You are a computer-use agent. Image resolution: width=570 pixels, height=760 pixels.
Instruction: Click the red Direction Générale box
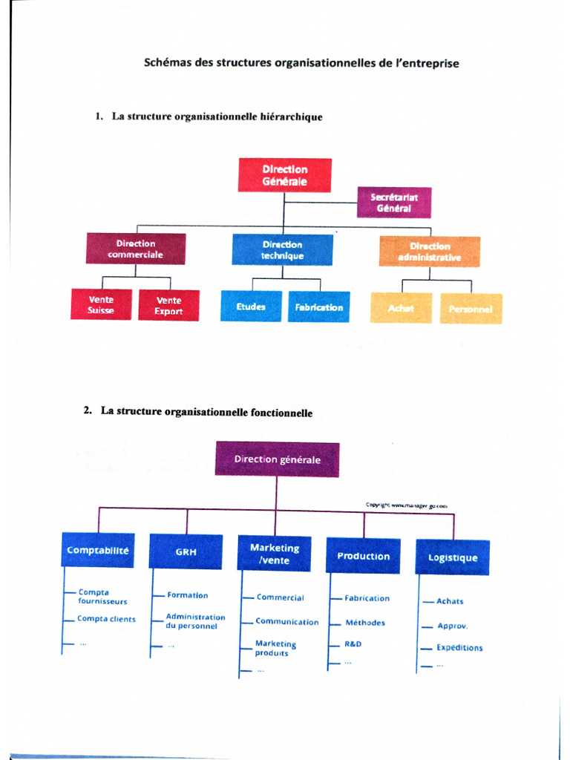[284, 175]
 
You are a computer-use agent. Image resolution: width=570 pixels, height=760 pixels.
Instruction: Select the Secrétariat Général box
[393, 203]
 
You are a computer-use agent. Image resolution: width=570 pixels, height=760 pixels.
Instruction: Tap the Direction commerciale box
[135, 249]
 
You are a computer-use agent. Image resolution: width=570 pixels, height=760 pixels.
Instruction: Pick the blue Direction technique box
[282, 250]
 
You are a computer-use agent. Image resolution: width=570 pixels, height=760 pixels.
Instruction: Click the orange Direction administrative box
[429, 252]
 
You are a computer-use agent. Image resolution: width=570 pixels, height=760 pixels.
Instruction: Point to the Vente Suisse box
[101, 305]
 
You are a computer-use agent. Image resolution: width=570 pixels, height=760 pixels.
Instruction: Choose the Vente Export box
[168, 305]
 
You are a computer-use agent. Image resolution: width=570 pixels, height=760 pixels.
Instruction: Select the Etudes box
[251, 307]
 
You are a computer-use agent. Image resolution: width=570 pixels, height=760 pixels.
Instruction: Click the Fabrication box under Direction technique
[319, 307]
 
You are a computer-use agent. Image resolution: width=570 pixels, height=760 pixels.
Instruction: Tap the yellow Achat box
[402, 308]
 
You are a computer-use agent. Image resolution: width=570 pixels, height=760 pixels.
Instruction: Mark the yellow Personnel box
[471, 309]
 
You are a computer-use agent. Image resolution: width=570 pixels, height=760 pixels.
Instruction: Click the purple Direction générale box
[277, 459]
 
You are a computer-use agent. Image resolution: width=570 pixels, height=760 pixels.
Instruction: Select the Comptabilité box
[98, 551]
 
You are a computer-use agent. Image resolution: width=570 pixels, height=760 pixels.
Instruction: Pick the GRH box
[186, 552]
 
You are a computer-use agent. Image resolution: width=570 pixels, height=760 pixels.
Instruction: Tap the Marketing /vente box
[275, 554]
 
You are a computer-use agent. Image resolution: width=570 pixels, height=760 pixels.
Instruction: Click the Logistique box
[453, 557]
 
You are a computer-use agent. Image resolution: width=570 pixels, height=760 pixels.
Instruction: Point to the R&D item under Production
[353, 644]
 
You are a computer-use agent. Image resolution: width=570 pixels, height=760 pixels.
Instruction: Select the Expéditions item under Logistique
[459, 647]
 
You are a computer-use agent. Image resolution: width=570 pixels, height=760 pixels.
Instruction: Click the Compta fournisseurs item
[103, 597]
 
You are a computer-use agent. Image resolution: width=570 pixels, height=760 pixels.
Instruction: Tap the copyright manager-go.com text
[407, 505]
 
